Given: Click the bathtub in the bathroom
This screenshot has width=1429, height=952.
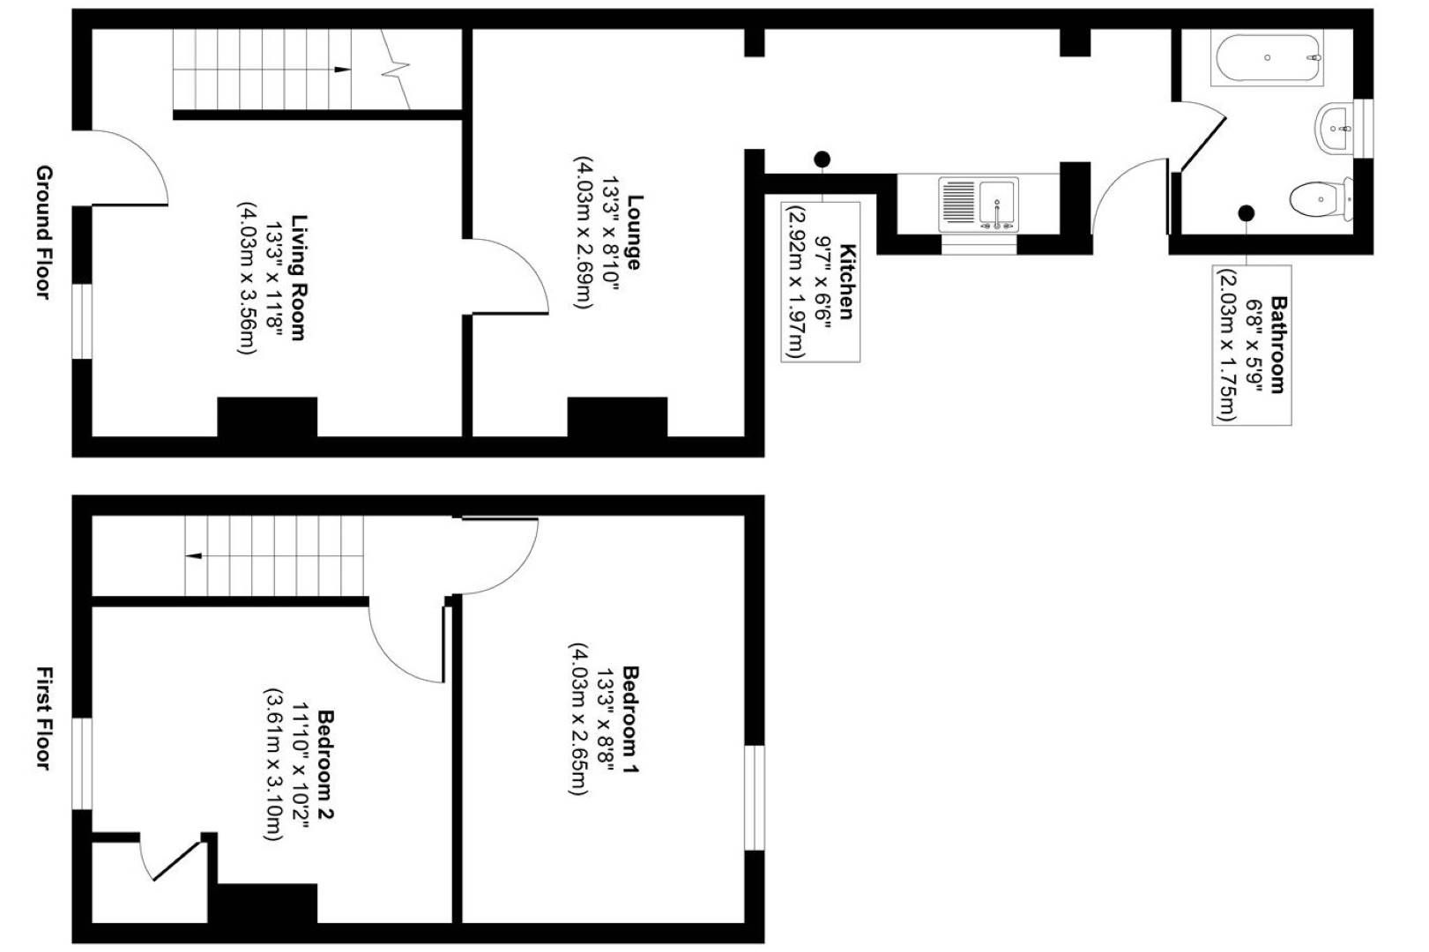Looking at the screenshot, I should tap(1267, 58).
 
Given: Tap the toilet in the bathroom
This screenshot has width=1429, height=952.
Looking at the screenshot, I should tap(1319, 198).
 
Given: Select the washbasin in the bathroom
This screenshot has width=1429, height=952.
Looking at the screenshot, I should tap(1335, 130).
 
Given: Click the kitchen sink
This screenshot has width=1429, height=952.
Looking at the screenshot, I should tap(979, 205).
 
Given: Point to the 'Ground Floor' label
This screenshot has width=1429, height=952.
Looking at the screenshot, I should tap(43, 232).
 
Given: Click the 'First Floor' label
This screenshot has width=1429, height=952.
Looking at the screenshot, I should tap(43, 718).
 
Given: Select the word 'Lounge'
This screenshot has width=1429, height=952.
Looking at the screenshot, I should tap(633, 232).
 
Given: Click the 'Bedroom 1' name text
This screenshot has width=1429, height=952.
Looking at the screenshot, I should tap(631, 719).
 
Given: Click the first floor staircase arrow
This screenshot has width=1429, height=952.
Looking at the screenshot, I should tap(192, 555).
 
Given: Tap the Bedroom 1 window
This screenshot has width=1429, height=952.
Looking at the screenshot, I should tap(755, 797).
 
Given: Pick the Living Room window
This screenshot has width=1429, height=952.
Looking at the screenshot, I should tap(82, 321).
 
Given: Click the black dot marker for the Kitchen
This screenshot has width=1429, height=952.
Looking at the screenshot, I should tap(822, 160).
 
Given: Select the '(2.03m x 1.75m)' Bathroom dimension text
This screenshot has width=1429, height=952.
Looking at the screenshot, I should tap(1226, 345).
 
